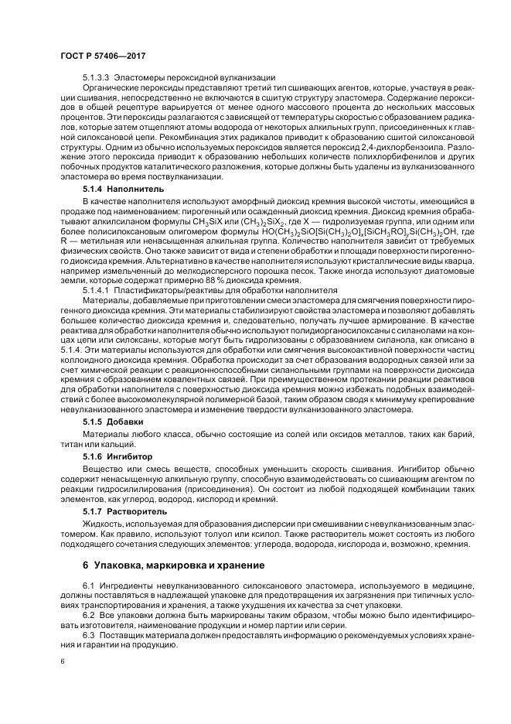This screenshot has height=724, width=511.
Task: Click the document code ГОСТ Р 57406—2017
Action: pyautogui.click(x=102, y=56)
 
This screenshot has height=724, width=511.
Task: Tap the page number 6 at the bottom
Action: pyautogui.click(x=61, y=662)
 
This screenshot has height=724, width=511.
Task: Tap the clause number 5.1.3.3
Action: pyautogui.click(x=98, y=77)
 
